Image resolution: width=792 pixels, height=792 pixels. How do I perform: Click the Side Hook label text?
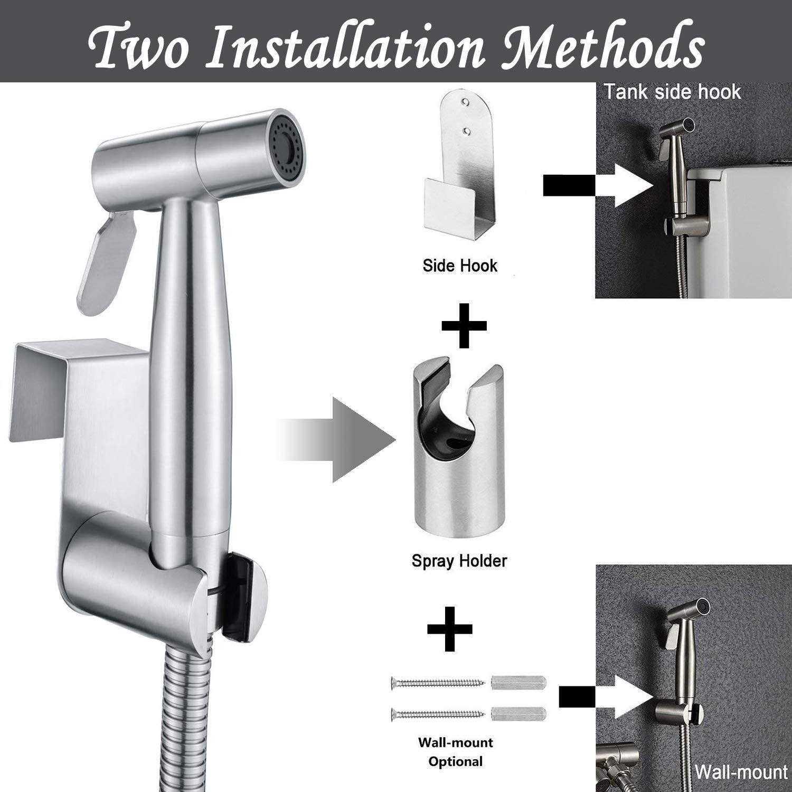coord(460,265)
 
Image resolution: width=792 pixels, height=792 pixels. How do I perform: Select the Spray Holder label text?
coord(459,560)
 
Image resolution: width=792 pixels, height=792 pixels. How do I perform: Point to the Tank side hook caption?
coord(673,92)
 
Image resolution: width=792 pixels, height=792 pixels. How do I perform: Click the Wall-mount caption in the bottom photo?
coord(740,772)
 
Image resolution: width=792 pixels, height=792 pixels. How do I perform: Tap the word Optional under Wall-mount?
coord(455,761)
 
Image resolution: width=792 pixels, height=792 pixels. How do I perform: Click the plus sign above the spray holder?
coord(464,325)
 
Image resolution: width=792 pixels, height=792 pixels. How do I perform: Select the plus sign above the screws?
coord(449,628)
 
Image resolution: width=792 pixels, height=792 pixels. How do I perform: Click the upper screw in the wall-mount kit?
coord(438,682)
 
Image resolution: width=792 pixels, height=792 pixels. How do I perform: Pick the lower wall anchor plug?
coord(518,714)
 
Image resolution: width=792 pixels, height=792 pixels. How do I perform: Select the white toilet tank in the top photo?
coord(739,222)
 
